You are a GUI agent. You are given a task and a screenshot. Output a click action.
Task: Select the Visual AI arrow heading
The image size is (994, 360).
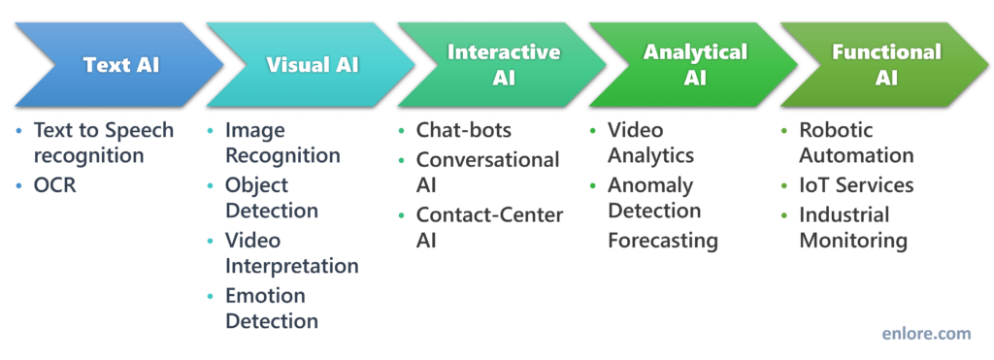pos(313,66)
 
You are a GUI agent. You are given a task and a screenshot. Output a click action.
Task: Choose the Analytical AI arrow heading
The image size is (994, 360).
pos(695,65)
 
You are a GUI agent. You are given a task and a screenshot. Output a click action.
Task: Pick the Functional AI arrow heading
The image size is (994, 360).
pos(886,65)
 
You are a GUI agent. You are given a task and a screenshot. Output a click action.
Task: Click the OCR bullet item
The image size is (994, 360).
pos(54,184)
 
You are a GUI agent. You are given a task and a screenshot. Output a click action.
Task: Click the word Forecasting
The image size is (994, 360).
pos(663,240)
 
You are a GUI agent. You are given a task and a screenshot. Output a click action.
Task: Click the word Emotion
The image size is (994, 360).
pos(265,295)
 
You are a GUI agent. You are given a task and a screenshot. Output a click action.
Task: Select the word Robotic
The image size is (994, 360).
pos(836,130)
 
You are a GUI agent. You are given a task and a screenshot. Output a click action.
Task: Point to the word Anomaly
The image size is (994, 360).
pos(650,184)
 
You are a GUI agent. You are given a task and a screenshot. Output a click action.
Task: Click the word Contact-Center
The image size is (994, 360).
pos(490,214)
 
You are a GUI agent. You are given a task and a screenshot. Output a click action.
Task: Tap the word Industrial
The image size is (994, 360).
pos(845,214)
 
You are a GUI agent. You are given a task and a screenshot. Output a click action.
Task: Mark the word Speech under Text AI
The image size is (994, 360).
pos(137,130)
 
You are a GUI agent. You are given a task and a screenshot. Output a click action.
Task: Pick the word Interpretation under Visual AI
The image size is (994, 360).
pos(291,266)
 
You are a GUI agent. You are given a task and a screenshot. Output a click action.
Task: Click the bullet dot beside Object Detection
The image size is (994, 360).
pos(212,185)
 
